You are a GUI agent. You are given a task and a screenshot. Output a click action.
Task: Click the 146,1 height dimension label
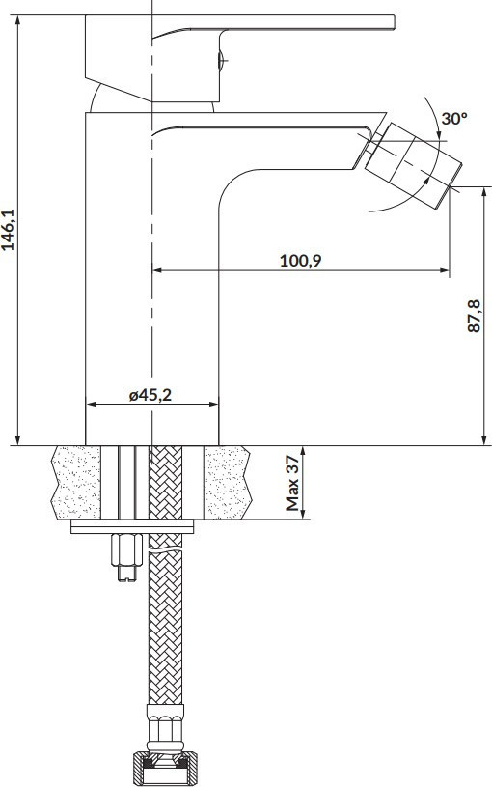(9, 230)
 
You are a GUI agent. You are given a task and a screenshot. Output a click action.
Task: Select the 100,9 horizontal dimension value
(301, 261)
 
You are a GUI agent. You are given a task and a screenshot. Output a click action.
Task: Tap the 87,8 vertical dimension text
(474, 315)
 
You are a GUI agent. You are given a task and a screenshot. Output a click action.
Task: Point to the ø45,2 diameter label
(150, 395)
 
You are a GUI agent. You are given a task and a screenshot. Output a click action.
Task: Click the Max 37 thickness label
(292, 483)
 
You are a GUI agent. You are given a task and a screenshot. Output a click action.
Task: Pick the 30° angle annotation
(454, 119)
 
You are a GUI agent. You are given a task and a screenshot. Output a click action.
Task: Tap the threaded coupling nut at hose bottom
(165, 767)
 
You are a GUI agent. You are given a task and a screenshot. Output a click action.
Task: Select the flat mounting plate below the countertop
(132, 526)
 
